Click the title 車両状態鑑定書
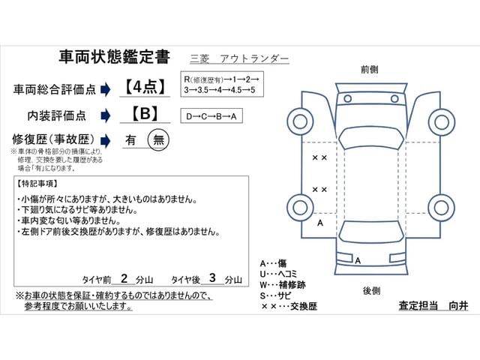[x=114, y=57]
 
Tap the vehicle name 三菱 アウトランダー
[x=239, y=58]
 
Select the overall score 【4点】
[x=145, y=87]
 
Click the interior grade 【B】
[x=145, y=113]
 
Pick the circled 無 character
[x=158, y=140]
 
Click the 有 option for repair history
[x=130, y=140]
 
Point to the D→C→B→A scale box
[x=211, y=115]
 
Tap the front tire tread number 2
[x=124, y=278]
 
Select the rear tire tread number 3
[x=212, y=278]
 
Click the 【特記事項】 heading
[x=37, y=184]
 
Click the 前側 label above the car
[x=370, y=70]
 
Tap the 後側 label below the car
[x=372, y=290]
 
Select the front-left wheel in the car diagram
[x=300, y=121]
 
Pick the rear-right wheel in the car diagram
[x=442, y=208]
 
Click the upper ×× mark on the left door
[x=319, y=157]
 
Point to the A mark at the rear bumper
[x=358, y=260]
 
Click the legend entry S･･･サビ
[x=275, y=295]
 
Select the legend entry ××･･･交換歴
[x=289, y=306]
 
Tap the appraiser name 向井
[x=458, y=305]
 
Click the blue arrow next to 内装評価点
[x=105, y=115]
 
